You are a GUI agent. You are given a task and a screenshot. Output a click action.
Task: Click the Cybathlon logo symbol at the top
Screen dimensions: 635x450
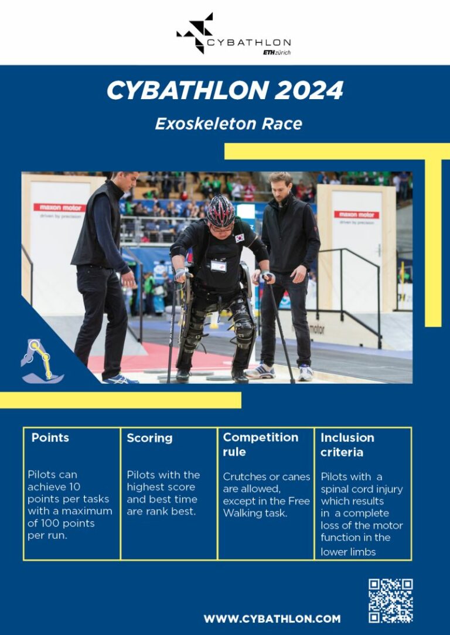(196, 33)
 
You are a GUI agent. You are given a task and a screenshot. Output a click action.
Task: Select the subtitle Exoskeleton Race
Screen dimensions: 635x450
(229, 124)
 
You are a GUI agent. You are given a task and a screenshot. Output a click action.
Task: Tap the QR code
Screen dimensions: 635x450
(390, 600)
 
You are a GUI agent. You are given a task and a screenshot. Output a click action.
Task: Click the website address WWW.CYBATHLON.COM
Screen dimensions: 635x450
(272, 619)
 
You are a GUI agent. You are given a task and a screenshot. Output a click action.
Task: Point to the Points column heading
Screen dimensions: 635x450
(50, 438)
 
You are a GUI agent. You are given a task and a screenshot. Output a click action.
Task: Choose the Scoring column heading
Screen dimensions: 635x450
(149, 438)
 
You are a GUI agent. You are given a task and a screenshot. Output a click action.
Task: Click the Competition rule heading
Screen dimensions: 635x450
(260, 444)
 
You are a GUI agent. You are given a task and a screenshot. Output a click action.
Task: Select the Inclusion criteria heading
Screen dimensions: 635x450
(347, 445)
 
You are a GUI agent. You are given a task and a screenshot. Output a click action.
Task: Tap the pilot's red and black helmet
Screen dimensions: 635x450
(220, 210)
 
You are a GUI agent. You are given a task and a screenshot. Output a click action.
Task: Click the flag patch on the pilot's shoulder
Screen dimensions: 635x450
(239, 238)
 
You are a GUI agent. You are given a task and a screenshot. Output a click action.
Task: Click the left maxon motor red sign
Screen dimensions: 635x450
(59, 208)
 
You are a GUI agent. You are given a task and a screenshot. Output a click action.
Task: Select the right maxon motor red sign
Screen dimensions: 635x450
(356, 215)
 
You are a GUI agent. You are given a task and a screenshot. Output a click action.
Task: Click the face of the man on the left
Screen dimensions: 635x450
(125, 184)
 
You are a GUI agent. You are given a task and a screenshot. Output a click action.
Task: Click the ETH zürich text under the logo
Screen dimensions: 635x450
(277, 52)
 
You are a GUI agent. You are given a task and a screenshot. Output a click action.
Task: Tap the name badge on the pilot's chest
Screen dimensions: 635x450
(218, 266)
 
